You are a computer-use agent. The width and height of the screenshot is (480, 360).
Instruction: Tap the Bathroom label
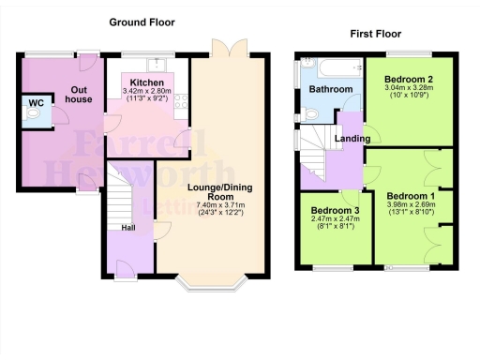point(331,90)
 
